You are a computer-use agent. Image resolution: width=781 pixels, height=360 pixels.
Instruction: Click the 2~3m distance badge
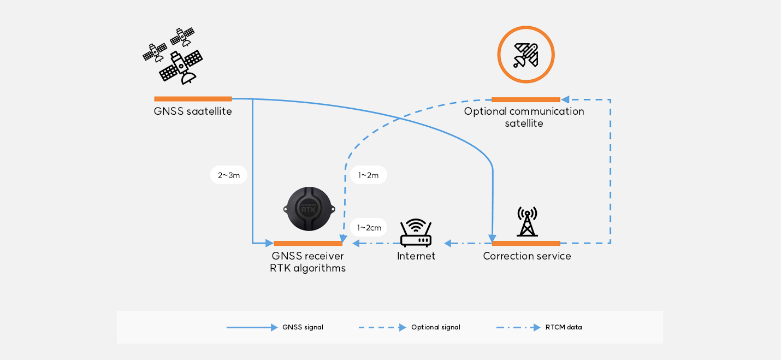click(229, 175)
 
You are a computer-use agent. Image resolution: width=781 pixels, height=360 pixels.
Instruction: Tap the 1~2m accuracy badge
click(369, 175)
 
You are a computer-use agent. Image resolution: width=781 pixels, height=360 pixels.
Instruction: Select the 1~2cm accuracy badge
click(369, 227)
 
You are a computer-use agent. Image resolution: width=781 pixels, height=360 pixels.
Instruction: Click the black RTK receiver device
click(310, 208)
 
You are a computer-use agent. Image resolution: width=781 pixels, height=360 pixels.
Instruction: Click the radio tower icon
click(527, 222)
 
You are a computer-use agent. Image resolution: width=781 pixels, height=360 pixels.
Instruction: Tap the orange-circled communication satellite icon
click(525, 55)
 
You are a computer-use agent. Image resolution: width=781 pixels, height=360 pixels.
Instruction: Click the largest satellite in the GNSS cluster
click(181, 67)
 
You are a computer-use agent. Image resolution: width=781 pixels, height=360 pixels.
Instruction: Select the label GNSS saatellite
click(193, 112)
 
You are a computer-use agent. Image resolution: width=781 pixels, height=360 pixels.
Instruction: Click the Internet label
click(416, 256)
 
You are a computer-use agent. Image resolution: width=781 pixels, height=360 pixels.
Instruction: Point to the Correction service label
click(526, 256)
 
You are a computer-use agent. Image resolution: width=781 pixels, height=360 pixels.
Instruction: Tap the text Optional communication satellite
click(524, 117)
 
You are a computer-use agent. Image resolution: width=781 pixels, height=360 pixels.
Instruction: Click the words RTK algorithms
click(307, 268)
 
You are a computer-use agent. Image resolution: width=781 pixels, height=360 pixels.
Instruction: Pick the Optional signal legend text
click(435, 328)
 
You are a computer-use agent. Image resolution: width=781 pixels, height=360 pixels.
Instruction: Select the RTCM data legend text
click(564, 328)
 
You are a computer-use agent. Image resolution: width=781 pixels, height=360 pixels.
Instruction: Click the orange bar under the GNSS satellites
click(193, 99)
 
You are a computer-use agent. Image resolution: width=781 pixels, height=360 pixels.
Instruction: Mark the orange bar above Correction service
click(526, 243)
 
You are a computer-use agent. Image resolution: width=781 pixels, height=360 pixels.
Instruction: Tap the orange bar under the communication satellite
click(525, 99)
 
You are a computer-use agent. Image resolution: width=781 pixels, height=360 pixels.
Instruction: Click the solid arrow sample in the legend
click(252, 328)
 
